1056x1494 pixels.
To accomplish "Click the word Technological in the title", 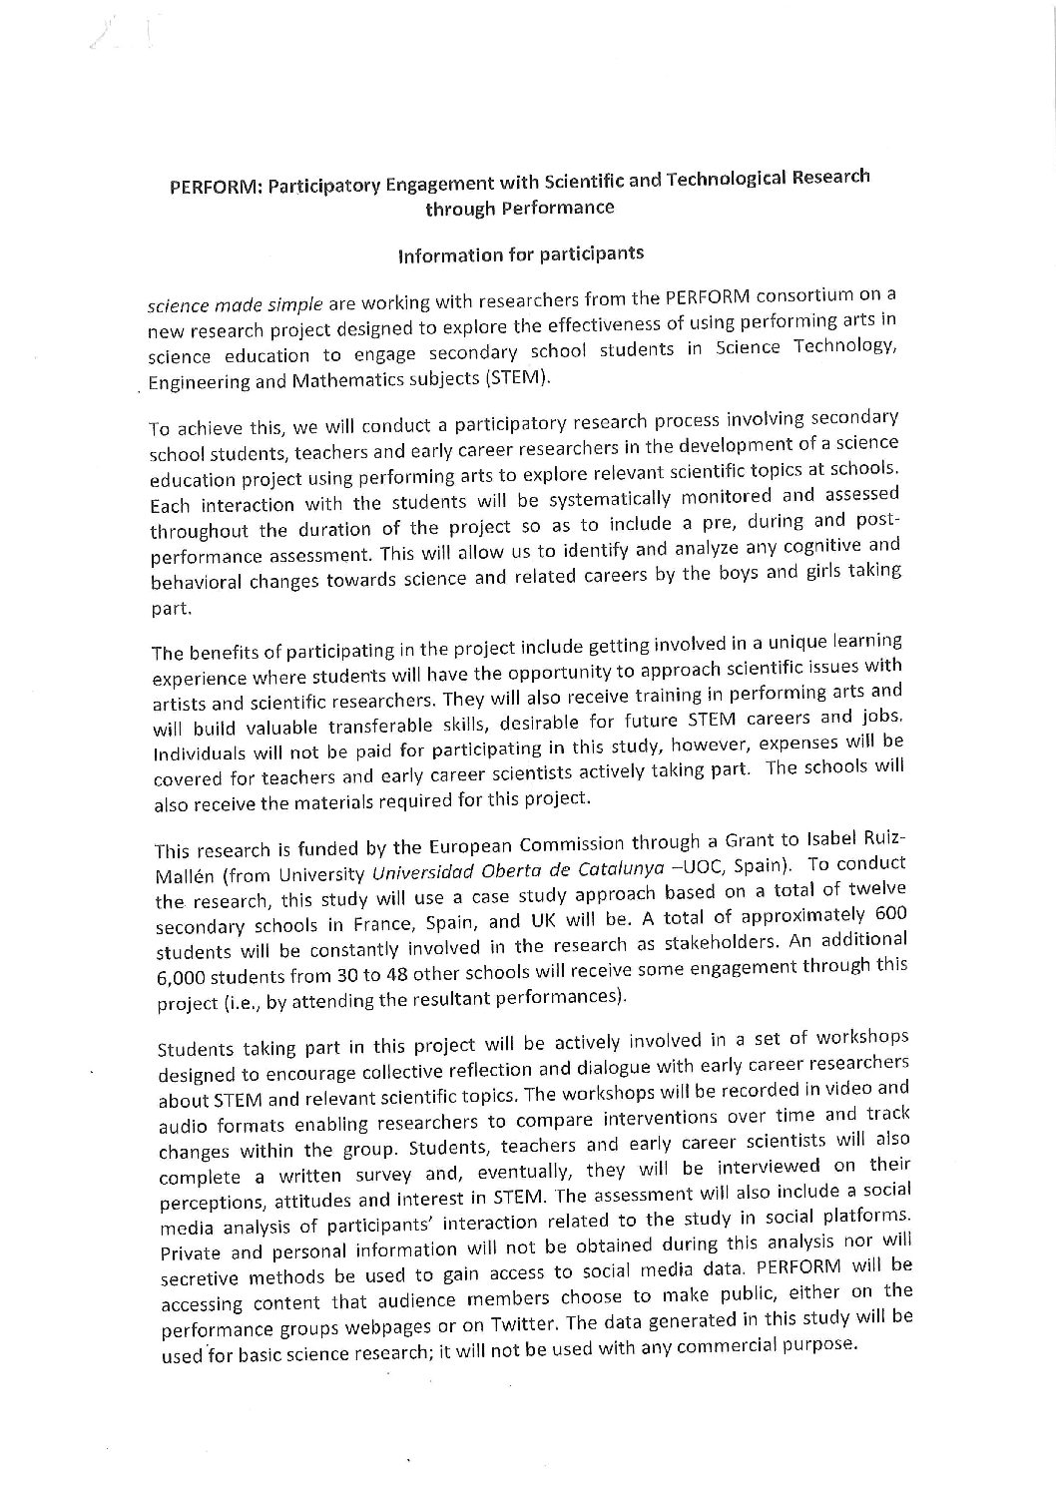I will tap(712, 180).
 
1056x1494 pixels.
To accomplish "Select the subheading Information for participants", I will tap(520, 253).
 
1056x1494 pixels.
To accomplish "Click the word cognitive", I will tap(793, 548).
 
